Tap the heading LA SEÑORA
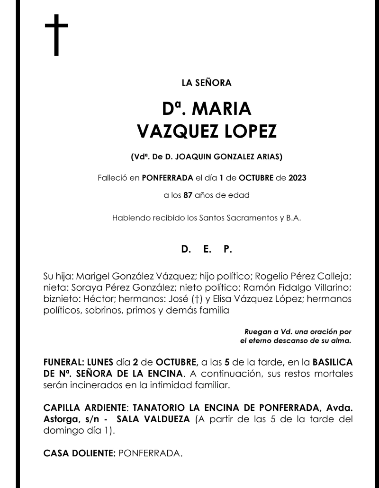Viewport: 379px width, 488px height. (206, 84)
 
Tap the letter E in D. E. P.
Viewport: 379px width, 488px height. (207, 249)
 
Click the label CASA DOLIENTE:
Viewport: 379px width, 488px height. (79, 453)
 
